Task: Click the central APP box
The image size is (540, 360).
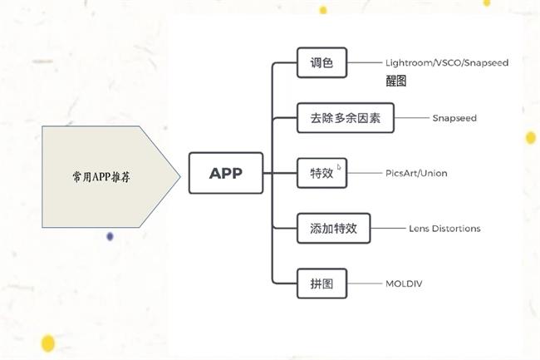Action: point(225,174)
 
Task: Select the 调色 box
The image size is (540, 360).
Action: point(322,62)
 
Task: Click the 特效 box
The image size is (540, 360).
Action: point(322,173)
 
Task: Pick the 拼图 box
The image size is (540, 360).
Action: point(322,284)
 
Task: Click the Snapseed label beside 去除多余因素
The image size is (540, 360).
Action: point(454,118)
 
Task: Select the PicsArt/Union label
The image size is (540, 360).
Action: point(416,173)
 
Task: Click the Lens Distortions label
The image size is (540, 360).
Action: point(444,228)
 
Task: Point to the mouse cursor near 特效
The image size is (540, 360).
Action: point(339,167)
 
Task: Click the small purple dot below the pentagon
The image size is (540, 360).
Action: point(110,237)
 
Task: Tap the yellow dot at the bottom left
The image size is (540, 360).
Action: point(48,341)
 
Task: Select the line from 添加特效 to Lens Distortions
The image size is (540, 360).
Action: point(386,228)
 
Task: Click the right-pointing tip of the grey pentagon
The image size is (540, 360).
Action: point(178,175)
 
